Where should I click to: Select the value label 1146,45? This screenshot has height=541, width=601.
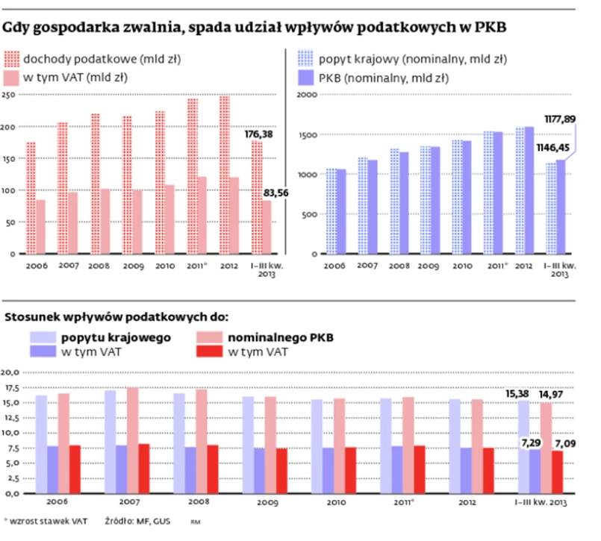coord(554,148)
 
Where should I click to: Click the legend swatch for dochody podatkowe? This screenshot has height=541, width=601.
coord(12,57)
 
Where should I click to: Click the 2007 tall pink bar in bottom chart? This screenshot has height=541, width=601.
coord(133,440)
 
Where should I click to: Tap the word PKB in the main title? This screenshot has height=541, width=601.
coord(489,28)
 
